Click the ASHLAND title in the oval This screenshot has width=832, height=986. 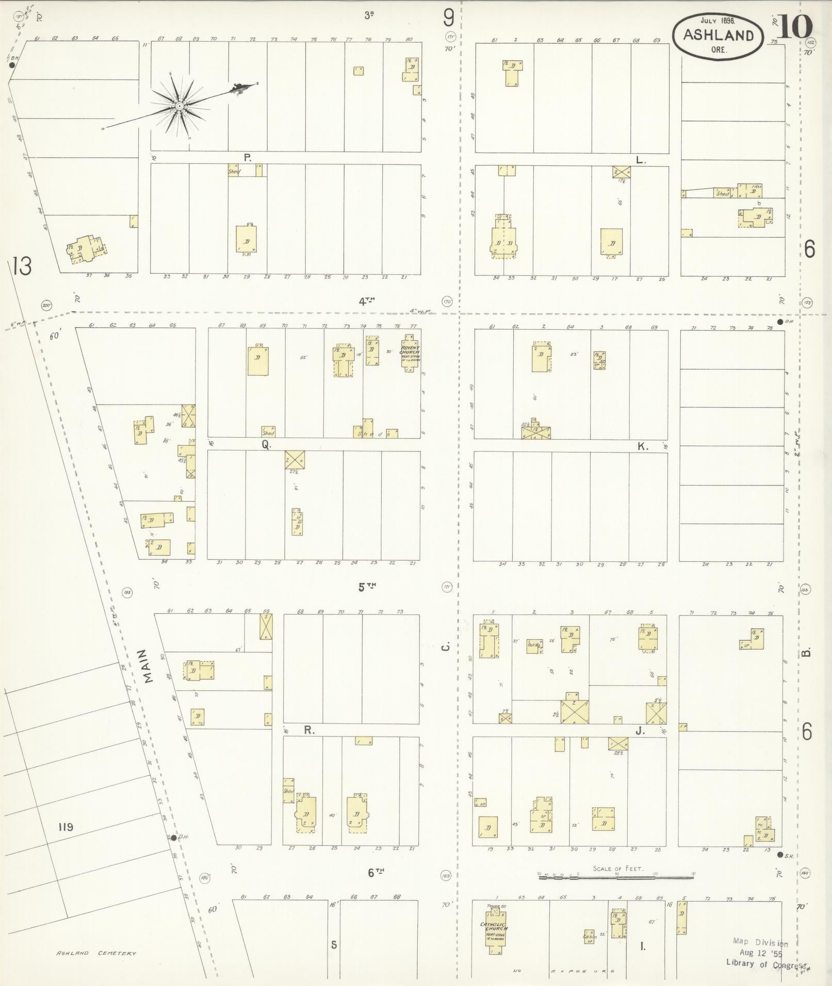point(718,35)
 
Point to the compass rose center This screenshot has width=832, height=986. point(179,106)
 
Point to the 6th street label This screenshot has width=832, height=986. point(376,872)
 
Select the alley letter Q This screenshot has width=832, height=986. point(266,445)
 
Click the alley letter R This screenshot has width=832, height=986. point(309,730)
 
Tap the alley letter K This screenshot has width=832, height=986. point(643,446)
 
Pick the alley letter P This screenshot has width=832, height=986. point(248,158)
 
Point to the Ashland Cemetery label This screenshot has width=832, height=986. point(96,953)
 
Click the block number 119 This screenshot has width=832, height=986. point(66,827)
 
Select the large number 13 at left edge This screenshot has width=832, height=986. point(22,267)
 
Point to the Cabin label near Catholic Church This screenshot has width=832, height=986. point(590,937)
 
